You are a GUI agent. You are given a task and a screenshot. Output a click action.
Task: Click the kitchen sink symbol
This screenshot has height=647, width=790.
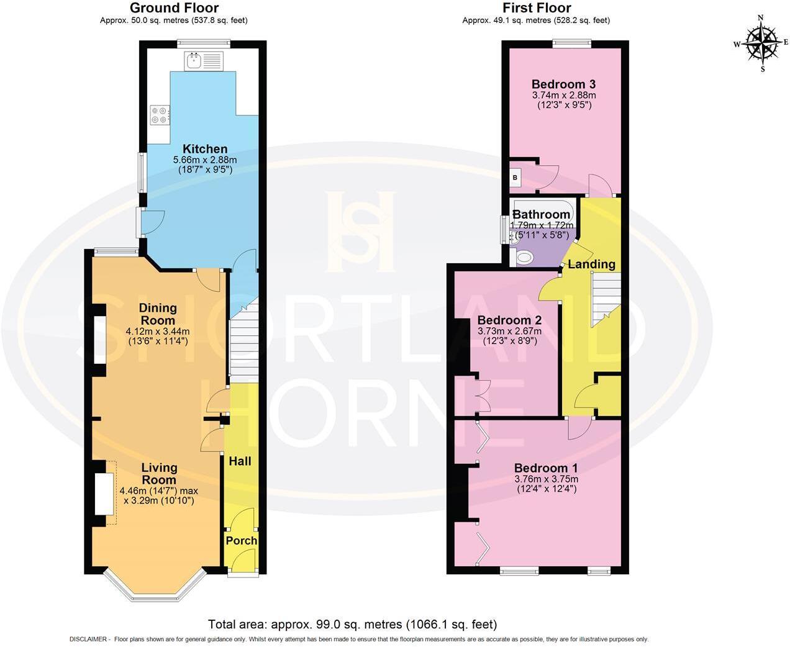[x=202, y=61]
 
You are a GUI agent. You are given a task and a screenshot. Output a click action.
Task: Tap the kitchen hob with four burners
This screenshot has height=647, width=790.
[x=160, y=115]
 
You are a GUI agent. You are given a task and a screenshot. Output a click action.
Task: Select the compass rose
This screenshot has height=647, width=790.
[x=762, y=43]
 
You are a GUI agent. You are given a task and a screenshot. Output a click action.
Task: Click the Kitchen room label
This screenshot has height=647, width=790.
[x=205, y=149]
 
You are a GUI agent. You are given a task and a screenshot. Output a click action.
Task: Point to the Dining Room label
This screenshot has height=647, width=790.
[x=158, y=314]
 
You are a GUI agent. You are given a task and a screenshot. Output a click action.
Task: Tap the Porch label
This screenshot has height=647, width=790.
[x=241, y=541]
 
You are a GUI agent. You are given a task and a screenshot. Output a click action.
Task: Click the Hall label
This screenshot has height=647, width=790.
[x=240, y=461]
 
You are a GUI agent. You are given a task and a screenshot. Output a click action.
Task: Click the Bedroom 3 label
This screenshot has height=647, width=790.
[x=564, y=84]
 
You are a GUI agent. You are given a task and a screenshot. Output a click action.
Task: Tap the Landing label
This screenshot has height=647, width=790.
[x=591, y=265]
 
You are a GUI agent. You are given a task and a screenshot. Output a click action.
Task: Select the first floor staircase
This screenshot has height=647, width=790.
[x=606, y=298]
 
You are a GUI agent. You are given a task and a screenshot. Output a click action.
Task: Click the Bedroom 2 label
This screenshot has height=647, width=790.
[x=509, y=321]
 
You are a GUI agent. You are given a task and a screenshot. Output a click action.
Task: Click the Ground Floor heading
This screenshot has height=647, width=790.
[x=174, y=8]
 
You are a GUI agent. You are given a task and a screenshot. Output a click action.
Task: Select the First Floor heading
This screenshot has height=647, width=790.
[x=537, y=8]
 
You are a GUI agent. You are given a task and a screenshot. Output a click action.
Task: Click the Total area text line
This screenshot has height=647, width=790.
[x=352, y=625]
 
